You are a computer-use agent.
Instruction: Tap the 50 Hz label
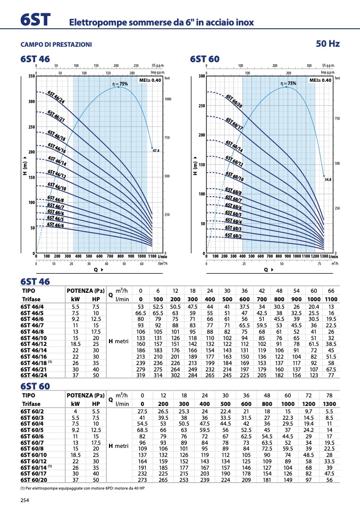pyautogui.click(x=328, y=44)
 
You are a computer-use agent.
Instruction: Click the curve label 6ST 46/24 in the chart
pyautogui.click(x=56, y=97)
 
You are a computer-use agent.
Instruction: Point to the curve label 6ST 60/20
pyautogui.click(x=234, y=102)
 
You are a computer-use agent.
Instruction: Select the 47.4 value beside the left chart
pyautogui.click(x=156, y=151)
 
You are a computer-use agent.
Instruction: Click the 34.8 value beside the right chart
pyautogui.click(x=328, y=180)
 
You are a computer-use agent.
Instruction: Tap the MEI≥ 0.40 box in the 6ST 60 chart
pyautogui.click(x=321, y=80)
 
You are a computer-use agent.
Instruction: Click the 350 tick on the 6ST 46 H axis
pyautogui.click(x=31, y=77)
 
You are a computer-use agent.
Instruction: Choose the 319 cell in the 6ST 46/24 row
pyautogui.click(x=140, y=375)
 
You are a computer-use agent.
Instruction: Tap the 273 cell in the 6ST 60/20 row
pyautogui.click(x=142, y=479)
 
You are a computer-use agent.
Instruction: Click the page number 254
pyautogui.click(x=24, y=500)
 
